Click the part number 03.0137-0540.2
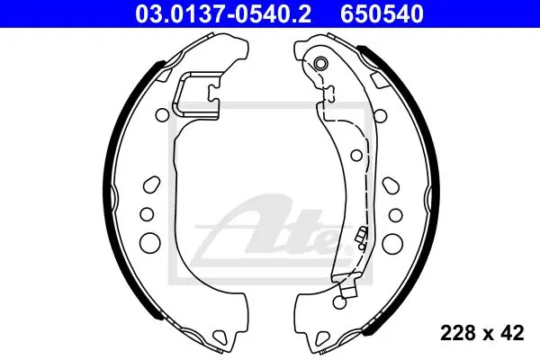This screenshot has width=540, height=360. [x=223, y=14]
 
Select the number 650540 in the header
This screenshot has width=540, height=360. [x=382, y=14]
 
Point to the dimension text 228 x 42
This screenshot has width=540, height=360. [x=482, y=333]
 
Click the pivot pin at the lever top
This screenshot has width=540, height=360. [x=321, y=63]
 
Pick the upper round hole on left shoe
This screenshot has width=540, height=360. [x=162, y=115]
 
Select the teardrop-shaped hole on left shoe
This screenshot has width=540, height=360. [x=151, y=185]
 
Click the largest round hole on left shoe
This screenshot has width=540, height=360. [x=150, y=241]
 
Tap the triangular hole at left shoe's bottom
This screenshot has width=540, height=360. [x=220, y=337]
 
